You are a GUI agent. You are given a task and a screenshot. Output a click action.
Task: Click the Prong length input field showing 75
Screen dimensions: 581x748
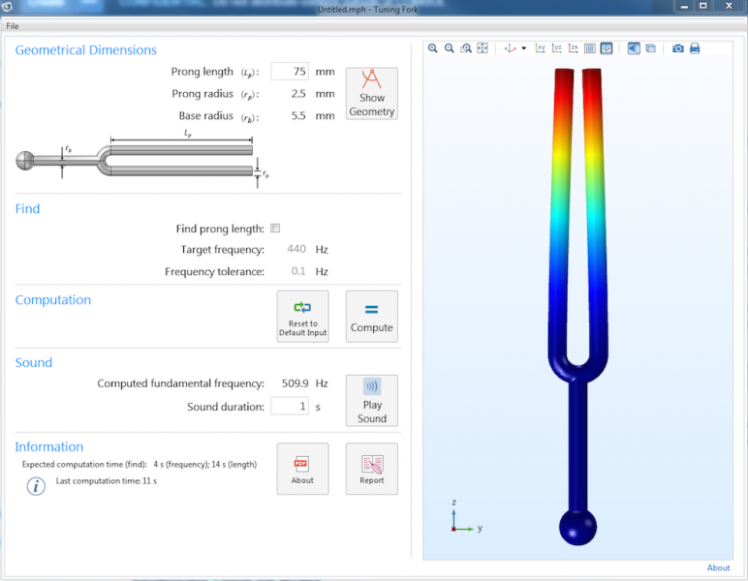pyautogui.click(x=289, y=72)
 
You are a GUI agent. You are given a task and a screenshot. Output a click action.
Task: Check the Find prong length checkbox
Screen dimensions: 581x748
pyautogui.click(x=275, y=229)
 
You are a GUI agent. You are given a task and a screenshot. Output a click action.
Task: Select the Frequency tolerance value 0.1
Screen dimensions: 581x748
pyautogui.click(x=298, y=272)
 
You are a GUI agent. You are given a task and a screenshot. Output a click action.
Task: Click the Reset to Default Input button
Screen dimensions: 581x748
pyautogui.click(x=302, y=316)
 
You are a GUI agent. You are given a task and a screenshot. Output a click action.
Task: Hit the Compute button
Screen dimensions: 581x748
pyautogui.click(x=371, y=316)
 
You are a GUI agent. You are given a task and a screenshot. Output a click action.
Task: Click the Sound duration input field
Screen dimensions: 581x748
pyautogui.click(x=289, y=407)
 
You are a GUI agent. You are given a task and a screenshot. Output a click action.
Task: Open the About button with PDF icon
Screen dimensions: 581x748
pyautogui.click(x=302, y=469)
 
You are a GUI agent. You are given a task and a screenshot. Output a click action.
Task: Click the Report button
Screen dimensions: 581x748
pyautogui.click(x=371, y=469)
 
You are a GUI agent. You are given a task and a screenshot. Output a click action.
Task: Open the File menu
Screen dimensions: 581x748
pyautogui.click(x=13, y=26)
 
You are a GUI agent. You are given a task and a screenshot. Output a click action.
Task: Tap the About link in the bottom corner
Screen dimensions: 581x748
pyautogui.click(x=718, y=568)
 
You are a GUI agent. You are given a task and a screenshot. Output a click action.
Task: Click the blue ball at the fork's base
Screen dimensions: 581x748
pyautogui.click(x=577, y=528)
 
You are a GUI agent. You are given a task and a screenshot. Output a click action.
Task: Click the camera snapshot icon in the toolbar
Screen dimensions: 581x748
pyautogui.click(x=678, y=48)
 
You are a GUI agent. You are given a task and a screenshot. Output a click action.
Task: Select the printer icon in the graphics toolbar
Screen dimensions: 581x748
pyautogui.click(x=695, y=48)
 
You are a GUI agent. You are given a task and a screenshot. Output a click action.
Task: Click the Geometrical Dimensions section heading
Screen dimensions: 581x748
pyautogui.click(x=85, y=50)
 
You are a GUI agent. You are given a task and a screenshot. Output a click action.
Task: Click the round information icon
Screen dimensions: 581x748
pyautogui.click(x=36, y=486)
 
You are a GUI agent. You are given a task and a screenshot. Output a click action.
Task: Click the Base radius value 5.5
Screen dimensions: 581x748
pyautogui.click(x=298, y=116)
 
